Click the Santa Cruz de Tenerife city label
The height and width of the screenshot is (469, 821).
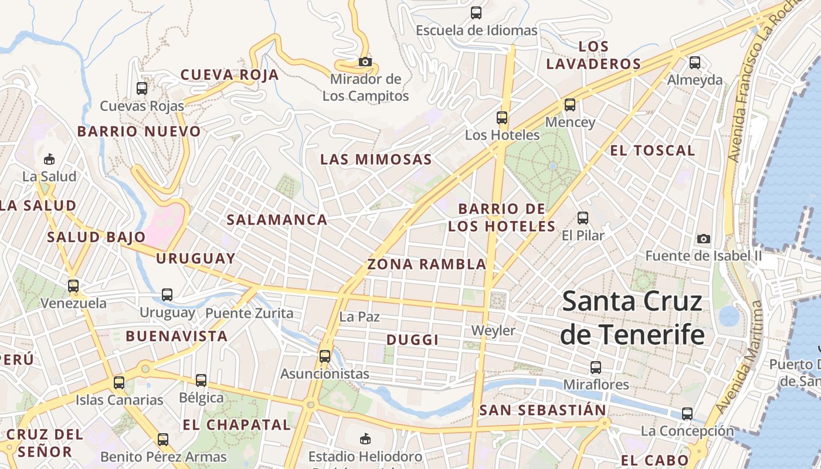pyautogui.click(x=632, y=318)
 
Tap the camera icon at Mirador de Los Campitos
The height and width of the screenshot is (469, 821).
pyautogui.click(x=365, y=62)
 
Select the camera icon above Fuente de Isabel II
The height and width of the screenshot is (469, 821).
pyautogui.click(x=704, y=239)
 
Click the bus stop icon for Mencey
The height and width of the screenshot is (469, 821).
pyautogui.click(x=570, y=105)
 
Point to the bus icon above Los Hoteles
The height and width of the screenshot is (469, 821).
pyautogui.click(x=502, y=117)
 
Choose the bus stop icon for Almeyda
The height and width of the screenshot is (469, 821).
pyautogui.click(x=695, y=62)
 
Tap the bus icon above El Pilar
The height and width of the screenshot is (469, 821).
pyautogui.click(x=583, y=218)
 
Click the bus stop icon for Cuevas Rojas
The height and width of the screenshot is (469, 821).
pyautogui.click(x=142, y=89)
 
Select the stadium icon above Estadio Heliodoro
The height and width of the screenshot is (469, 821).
pyautogui.click(x=365, y=439)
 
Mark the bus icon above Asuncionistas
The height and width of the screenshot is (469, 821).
pyautogui.click(x=325, y=356)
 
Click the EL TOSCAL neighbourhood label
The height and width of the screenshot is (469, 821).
pyautogui.click(x=653, y=151)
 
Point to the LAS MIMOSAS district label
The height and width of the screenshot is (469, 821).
pyautogui.click(x=376, y=159)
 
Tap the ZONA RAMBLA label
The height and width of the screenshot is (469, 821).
pyautogui.click(x=427, y=264)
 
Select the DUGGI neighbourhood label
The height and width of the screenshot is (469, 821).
pyautogui.click(x=413, y=340)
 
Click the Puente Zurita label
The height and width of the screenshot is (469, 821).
pyautogui.click(x=249, y=313)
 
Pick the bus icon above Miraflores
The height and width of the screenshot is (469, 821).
pyautogui.click(x=596, y=368)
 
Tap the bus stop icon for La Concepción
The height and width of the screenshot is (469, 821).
pyautogui.click(x=687, y=414)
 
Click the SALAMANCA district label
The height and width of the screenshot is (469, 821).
pyautogui.click(x=277, y=220)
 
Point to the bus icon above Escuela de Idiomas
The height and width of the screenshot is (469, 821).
pyautogui.click(x=476, y=13)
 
